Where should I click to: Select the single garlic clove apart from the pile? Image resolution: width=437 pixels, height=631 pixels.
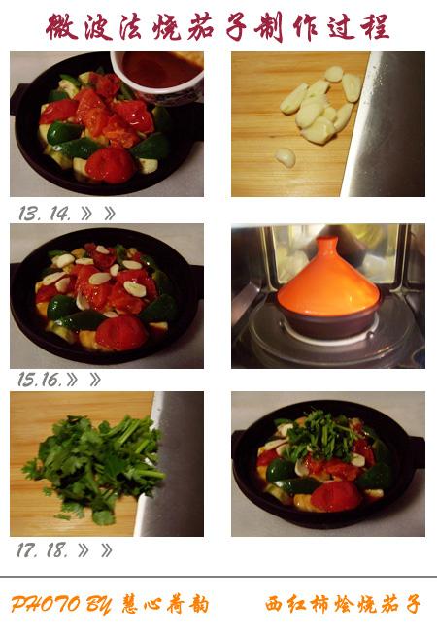[286, 157]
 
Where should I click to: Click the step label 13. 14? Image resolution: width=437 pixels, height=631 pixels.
[45, 214]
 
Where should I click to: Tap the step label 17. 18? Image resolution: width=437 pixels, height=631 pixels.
[42, 549]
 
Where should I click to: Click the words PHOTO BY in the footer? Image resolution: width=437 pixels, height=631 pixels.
[61, 604]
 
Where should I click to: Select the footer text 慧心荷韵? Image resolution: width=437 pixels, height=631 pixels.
[165, 604]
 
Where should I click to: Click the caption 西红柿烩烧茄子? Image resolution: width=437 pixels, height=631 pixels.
[343, 604]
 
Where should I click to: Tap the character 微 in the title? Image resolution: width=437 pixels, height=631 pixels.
[61, 27]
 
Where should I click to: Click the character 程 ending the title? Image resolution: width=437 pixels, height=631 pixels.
[375, 26]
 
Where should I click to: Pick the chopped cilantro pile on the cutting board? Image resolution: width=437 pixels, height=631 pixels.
[94, 467]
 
